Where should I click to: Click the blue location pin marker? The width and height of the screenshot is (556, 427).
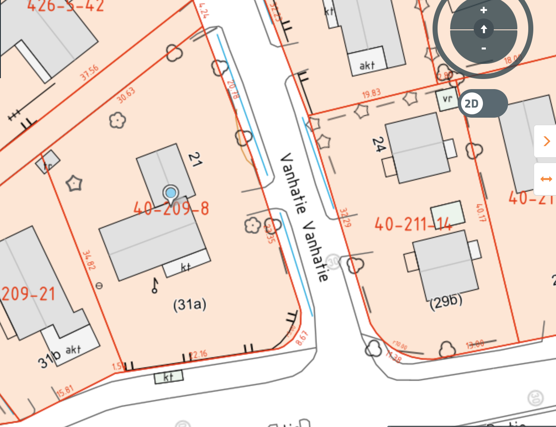170,193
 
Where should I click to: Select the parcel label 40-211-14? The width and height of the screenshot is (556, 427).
413,224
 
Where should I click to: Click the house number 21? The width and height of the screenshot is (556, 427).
194,160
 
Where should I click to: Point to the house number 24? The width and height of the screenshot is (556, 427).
379,145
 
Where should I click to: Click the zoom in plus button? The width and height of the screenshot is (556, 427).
484,10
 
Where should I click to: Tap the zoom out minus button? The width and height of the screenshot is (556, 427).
484,49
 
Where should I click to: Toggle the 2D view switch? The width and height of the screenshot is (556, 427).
483,103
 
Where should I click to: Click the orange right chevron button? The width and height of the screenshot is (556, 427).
546,141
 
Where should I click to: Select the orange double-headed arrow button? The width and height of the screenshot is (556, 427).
546,179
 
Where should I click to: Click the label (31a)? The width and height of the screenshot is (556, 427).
190,304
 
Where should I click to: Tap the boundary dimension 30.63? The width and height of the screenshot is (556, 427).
126,95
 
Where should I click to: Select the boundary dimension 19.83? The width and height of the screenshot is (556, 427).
371,93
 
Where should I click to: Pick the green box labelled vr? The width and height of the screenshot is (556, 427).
447,100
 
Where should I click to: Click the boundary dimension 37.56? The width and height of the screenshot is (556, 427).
89,73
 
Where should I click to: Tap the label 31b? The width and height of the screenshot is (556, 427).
49,359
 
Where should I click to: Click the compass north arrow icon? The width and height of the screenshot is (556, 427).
484,29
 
